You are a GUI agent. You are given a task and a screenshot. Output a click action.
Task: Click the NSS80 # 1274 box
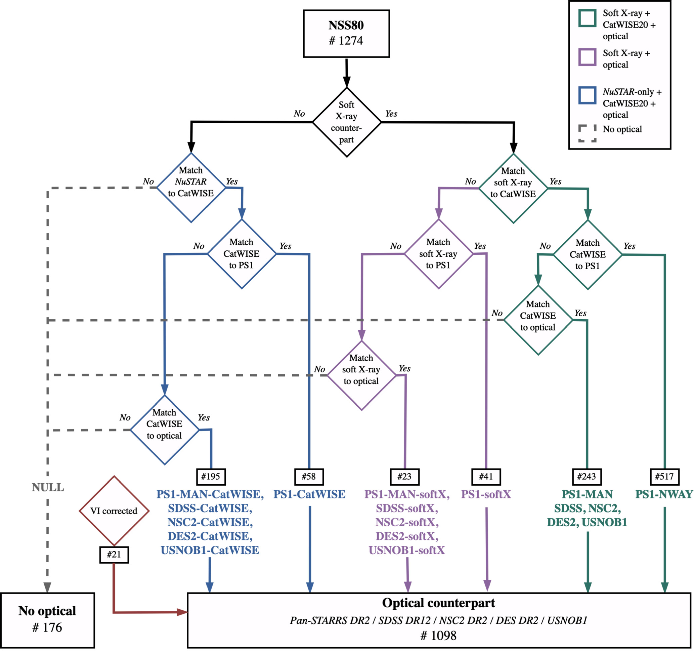pyautogui.click(x=346, y=34)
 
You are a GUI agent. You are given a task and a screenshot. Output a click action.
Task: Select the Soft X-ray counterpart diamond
pyautogui.click(x=346, y=122)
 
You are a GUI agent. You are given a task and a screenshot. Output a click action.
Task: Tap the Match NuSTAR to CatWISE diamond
pyautogui.click(x=191, y=188)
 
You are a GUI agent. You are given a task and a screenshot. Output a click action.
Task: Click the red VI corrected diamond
pyautogui.click(x=114, y=511)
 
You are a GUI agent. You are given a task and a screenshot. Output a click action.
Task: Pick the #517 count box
pyautogui.click(x=664, y=476)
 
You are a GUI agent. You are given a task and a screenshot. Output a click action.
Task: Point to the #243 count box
pyautogui.click(x=587, y=476)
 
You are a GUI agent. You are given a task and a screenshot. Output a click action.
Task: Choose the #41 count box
pyautogui.click(x=486, y=476)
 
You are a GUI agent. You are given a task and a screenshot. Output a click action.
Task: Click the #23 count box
pyautogui.click(x=404, y=476)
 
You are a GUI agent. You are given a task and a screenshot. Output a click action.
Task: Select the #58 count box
pyautogui.click(x=309, y=476)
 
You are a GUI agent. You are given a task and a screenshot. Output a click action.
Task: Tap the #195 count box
pyautogui.click(x=211, y=476)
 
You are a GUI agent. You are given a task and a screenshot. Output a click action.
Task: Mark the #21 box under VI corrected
pyautogui.click(x=114, y=554)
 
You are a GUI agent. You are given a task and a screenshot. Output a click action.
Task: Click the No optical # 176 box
pyautogui.click(x=47, y=620)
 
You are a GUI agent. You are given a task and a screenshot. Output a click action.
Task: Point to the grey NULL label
pyautogui.click(x=48, y=487)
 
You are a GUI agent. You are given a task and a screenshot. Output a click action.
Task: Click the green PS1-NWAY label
pyautogui.click(x=664, y=494)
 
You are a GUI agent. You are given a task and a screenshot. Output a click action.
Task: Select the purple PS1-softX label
pyautogui.click(x=486, y=494)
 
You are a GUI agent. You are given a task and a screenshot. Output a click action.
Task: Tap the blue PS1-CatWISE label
pyautogui.click(x=309, y=494)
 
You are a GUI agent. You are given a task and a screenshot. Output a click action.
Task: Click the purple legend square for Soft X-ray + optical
pyautogui.click(x=587, y=57)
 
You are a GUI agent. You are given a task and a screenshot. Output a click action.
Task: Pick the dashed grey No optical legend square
pyautogui.click(x=587, y=133)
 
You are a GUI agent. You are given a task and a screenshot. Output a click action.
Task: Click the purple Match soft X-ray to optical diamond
pyautogui.click(x=361, y=375)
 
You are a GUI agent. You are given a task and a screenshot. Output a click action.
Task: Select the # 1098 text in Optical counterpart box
pyautogui.click(x=438, y=635)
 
